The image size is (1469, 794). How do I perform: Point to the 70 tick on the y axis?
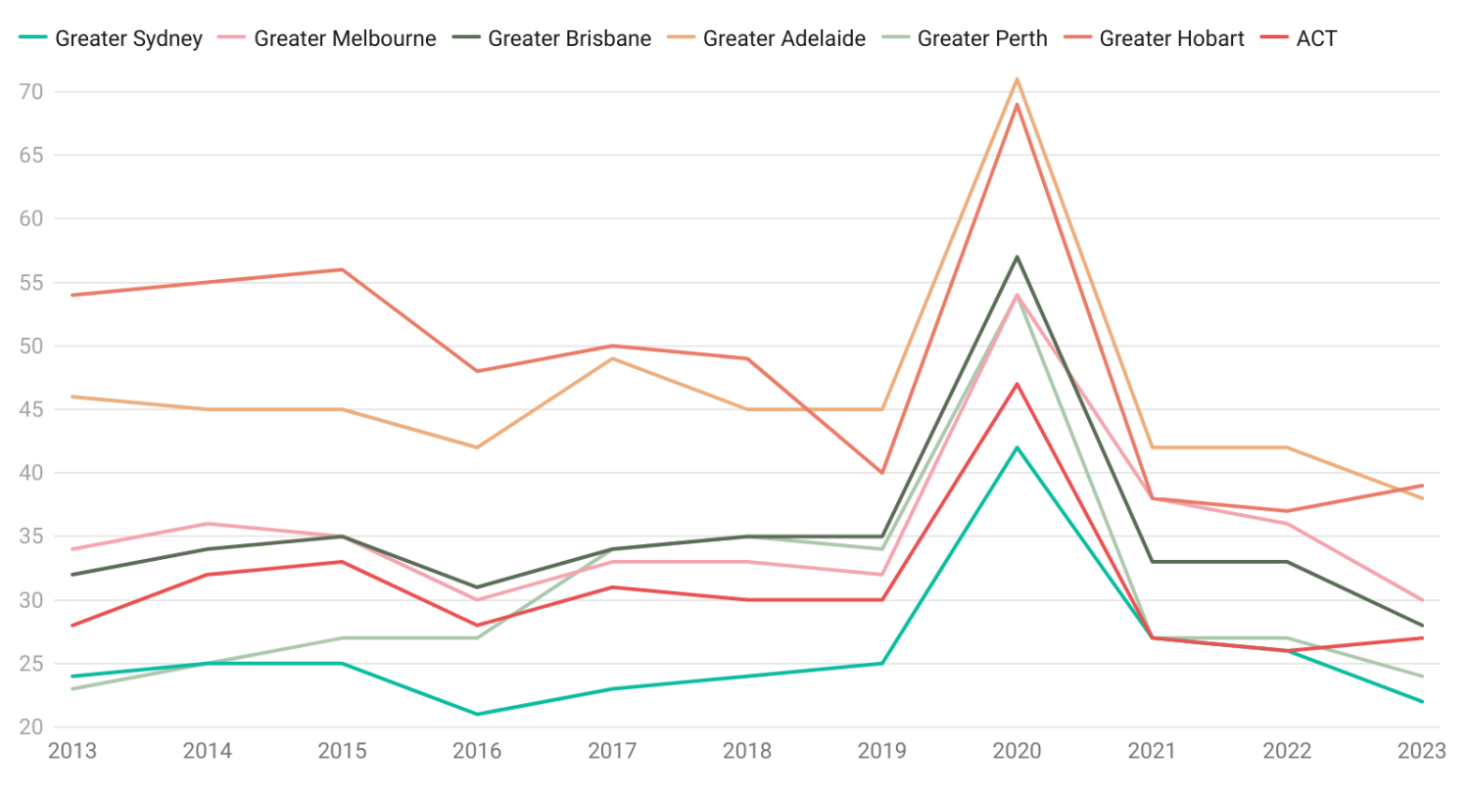[x=32, y=92]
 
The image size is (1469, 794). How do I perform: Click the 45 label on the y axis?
[x=32, y=409]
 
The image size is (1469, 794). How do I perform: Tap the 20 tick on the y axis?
[x=32, y=727]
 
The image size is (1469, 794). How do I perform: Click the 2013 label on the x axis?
[x=71, y=751]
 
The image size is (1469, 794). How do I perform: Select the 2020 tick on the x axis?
[x=1018, y=751]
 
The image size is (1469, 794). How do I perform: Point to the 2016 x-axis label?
[x=477, y=751]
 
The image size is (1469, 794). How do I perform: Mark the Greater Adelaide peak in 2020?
[x=1018, y=79]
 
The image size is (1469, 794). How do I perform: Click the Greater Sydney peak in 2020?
[x=1018, y=447]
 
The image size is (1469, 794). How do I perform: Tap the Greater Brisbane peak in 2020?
[x=1018, y=257]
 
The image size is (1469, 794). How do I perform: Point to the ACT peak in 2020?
[x=1018, y=384]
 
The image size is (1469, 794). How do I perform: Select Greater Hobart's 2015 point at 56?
[x=342, y=269]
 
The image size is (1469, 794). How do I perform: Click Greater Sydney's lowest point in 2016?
[x=477, y=714]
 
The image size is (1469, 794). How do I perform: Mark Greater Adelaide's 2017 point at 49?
[x=612, y=358]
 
